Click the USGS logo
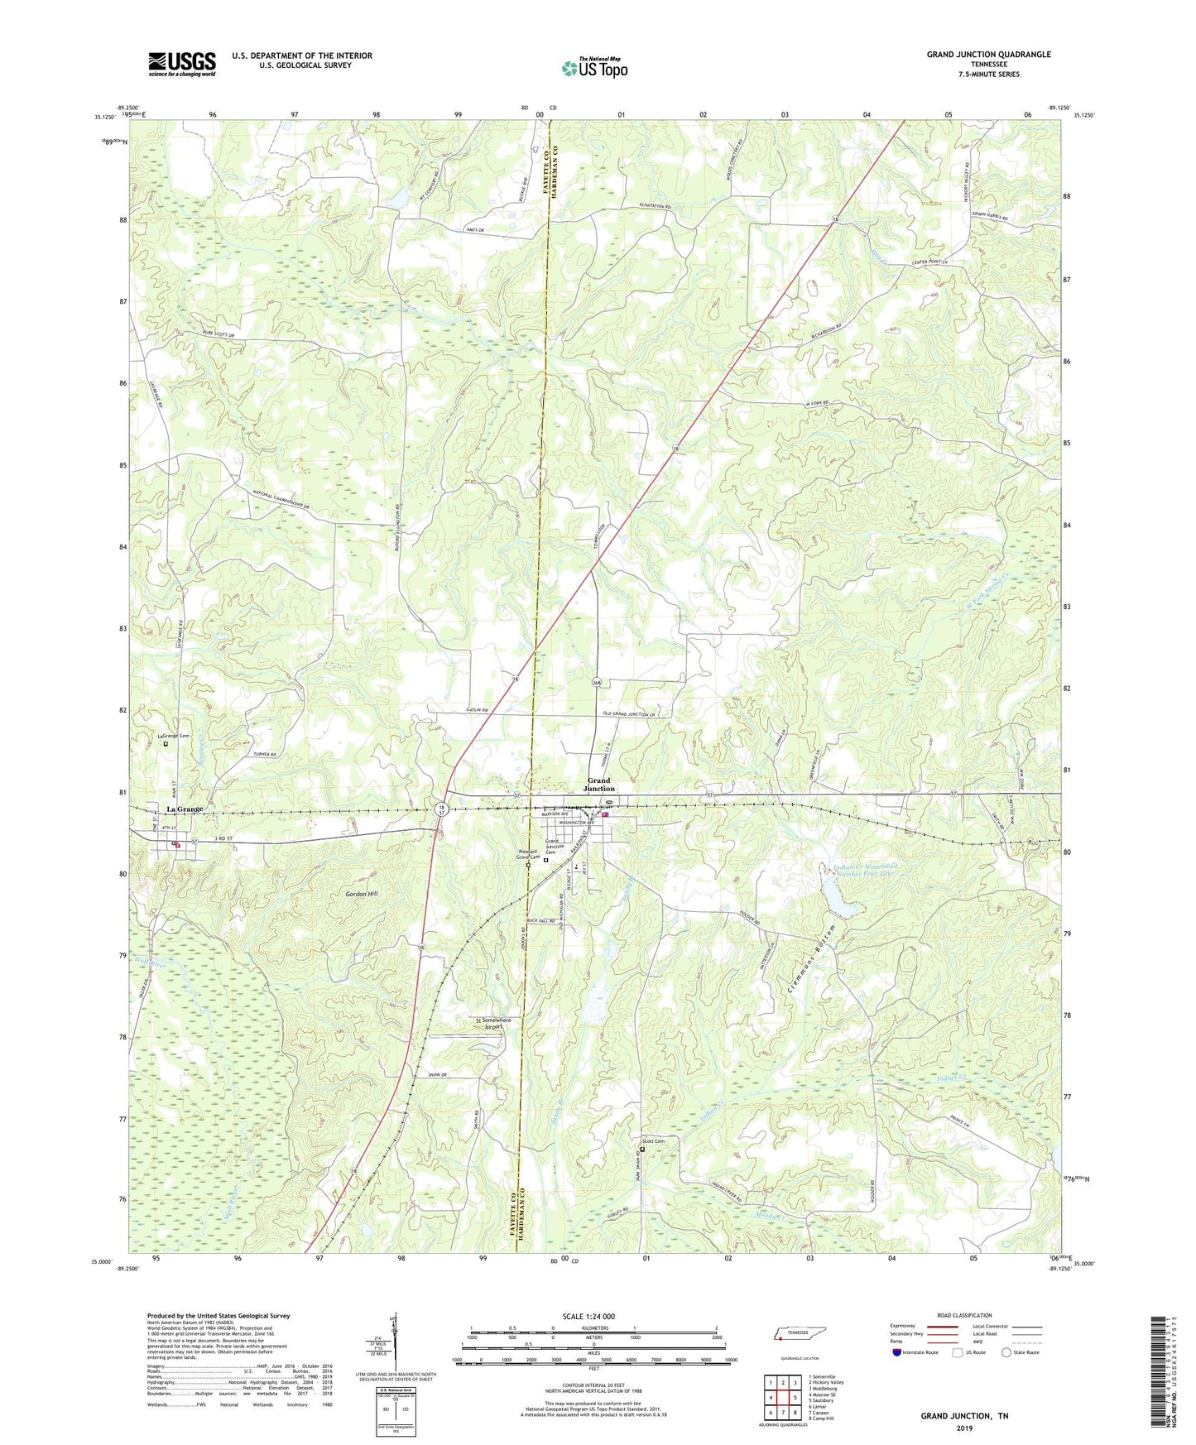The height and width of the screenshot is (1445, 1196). (182, 64)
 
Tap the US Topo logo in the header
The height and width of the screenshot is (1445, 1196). (594, 68)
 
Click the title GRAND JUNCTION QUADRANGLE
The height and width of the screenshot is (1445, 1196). (988, 55)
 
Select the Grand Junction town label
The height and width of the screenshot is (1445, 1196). (599, 784)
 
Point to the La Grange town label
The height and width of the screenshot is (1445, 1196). (185, 809)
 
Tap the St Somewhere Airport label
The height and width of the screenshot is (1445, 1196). (493, 1024)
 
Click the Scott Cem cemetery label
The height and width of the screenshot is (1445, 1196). (654, 1141)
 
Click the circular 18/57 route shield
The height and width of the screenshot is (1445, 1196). (443, 811)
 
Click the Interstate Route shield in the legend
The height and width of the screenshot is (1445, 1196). (898, 1352)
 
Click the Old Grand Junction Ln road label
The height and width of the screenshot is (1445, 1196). (626, 714)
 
